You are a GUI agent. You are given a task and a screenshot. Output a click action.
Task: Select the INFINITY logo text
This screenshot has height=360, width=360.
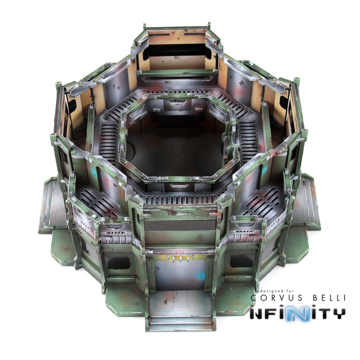[x=297, y=313]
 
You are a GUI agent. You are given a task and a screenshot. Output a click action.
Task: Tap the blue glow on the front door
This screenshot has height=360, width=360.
[x=201, y=276]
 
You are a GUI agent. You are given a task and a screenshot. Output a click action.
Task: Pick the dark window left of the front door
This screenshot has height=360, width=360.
[x=118, y=263]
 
